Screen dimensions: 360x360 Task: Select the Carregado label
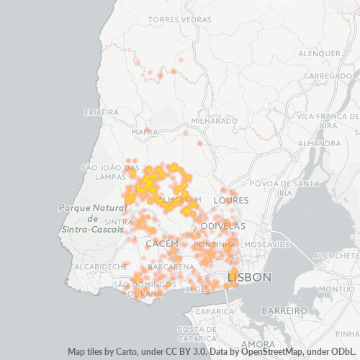(328, 76)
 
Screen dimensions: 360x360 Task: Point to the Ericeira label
(101, 112)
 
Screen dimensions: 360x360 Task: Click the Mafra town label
(145, 132)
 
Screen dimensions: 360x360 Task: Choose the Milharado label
(215, 121)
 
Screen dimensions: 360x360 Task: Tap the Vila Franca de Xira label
(328, 120)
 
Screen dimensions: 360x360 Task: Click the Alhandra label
(319, 143)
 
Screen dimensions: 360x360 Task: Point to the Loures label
(232, 200)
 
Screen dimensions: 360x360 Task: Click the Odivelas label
(223, 226)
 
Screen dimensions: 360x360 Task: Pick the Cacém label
(161, 245)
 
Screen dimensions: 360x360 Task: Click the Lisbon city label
(249, 277)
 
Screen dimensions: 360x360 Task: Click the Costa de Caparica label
(197, 333)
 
